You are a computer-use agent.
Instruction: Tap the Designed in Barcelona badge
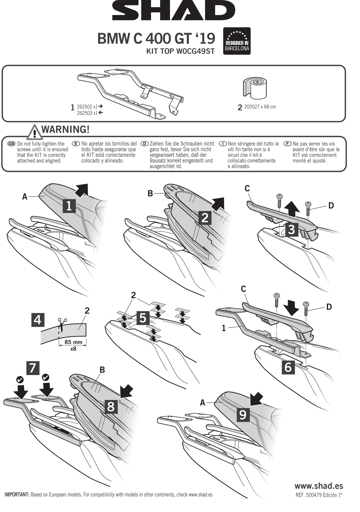click(x=237, y=41)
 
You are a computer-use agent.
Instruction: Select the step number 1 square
click(x=69, y=206)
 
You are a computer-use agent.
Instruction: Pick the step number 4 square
click(x=38, y=319)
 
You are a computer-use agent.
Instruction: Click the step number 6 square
click(x=288, y=367)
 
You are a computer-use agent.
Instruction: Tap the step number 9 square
click(x=242, y=414)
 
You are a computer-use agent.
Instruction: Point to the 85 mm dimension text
click(x=73, y=342)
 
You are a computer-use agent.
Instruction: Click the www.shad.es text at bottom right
click(x=318, y=486)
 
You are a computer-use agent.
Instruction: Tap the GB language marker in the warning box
click(x=11, y=144)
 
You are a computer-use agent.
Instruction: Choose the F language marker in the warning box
click(x=287, y=144)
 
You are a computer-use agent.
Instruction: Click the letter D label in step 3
click(x=331, y=205)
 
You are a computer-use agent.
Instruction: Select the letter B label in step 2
click(x=150, y=193)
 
